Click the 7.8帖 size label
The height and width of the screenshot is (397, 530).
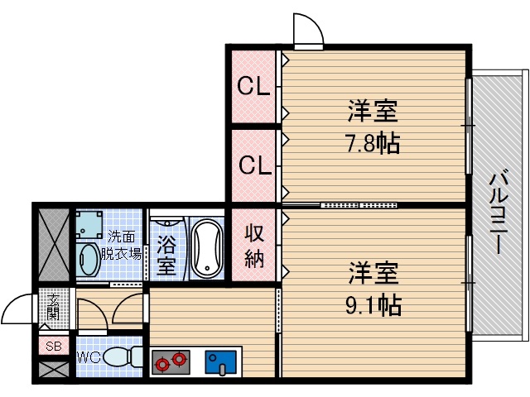[373, 143]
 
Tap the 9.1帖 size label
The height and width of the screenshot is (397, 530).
[373, 304]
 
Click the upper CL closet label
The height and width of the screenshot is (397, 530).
[254, 86]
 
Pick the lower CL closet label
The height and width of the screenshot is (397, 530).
[254, 165]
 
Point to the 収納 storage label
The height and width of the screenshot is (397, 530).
[254, 246]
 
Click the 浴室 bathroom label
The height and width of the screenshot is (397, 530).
[166, 256]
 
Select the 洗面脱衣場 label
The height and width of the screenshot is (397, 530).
[121, 246]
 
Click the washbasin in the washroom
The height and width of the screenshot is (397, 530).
[88, 260]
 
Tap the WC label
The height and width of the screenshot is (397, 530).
[89, 358]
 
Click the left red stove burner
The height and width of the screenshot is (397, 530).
[161, 361]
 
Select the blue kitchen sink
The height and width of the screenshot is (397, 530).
[222, 361]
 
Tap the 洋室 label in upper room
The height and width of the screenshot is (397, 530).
[373, 111]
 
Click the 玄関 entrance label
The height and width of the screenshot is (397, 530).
[53, 307]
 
